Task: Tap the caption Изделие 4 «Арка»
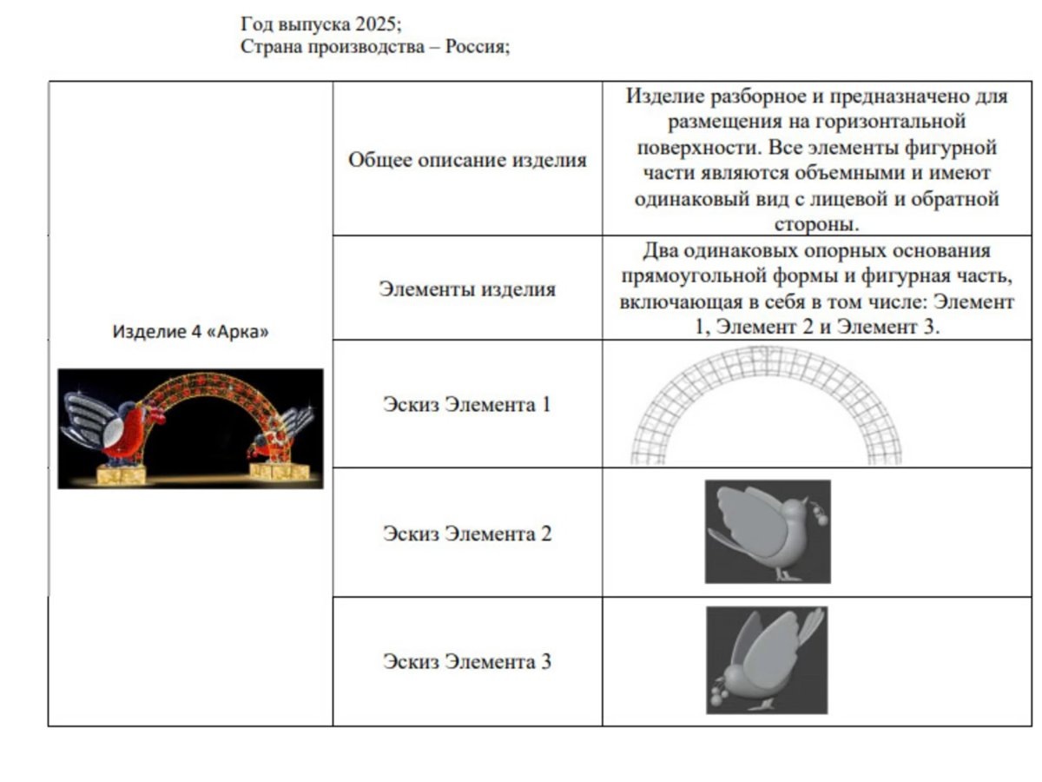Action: pos(190,331)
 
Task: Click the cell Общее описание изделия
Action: pos(467,160)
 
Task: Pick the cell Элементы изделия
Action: pos(467,289)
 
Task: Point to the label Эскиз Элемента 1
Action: pos(467,404)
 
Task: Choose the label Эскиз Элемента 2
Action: pos(467,533)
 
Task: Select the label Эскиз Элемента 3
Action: pos(467,661)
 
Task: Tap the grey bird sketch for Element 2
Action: pos(768,532)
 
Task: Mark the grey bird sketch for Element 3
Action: pos(766,660)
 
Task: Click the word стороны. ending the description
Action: pos(816,223)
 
